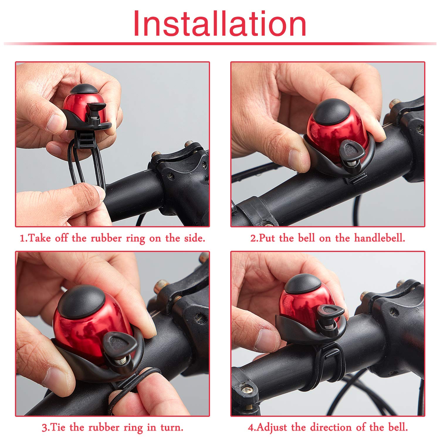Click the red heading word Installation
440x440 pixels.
click(220, 23)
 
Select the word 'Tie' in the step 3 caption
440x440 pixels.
click(58, 427)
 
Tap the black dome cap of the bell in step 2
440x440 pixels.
click(332, 111)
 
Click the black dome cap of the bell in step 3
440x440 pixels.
click(81, 302)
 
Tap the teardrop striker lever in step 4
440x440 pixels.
click(330, 312)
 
